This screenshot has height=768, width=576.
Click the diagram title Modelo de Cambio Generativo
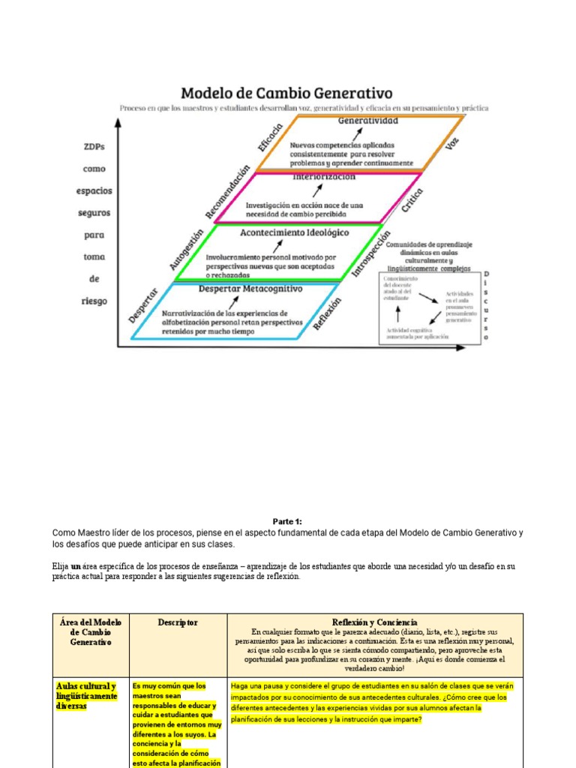tap(286, 93)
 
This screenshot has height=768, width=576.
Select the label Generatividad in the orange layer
tap(367, 120)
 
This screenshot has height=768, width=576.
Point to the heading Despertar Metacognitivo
tap(250, 288)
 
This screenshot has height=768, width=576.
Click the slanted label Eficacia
tap(270, 138)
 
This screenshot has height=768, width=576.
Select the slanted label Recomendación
tap(226, 193)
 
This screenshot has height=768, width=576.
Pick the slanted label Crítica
tap(412, 200)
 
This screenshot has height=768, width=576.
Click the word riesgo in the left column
tap(94, 301)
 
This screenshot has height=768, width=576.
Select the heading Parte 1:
tap(287, 521)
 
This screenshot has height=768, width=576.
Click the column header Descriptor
tap(178, 622)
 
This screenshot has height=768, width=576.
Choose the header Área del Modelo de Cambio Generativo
tap(90, 632)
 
